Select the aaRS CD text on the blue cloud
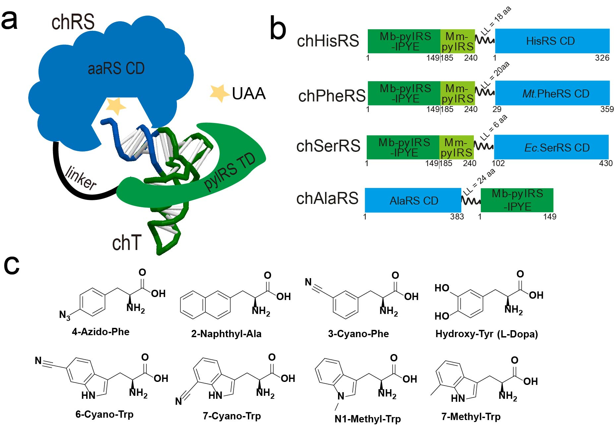tap(116, 69)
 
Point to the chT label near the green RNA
tap(127, 243)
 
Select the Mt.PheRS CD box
tap(552, 93)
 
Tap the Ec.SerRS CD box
tap(551, 147)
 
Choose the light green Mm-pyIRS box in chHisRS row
tap(457, 41)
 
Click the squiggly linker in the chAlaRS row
tap(471, 201)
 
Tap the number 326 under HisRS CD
tap(602, 58)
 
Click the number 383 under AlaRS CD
tap(457, 217)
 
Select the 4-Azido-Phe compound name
tap(100, 332)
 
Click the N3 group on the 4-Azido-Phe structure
tap(65, 315)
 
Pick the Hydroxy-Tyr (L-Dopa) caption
tap(486, 334)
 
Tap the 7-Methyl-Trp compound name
tap(471, 416)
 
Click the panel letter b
tap(278, 29)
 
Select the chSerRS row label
tap(328, 146)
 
